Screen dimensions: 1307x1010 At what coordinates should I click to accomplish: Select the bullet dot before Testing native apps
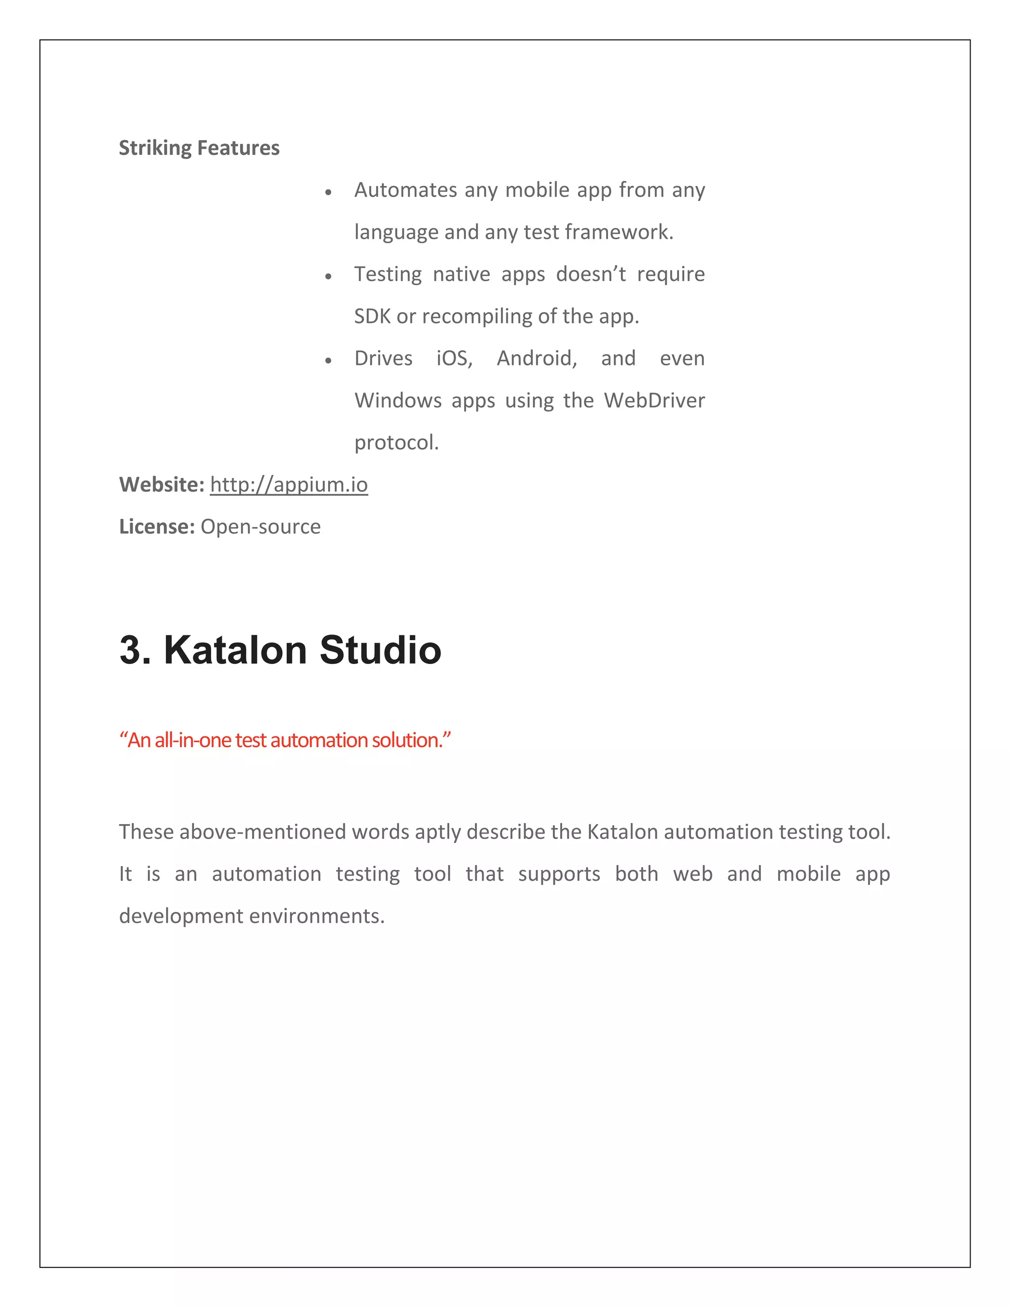point(328,277)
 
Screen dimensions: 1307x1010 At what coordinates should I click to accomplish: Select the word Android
point(536,359)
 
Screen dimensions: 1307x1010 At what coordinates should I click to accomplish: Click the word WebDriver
point(654,400)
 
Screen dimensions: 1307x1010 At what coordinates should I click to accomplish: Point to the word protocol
point(396,443)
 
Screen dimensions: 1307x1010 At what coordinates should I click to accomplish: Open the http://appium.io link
point(289,485)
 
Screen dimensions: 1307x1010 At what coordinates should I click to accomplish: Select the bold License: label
point(157,527)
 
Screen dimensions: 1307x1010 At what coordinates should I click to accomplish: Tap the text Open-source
point(260,527)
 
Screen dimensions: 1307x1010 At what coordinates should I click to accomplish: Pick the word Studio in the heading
point(380,650)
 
